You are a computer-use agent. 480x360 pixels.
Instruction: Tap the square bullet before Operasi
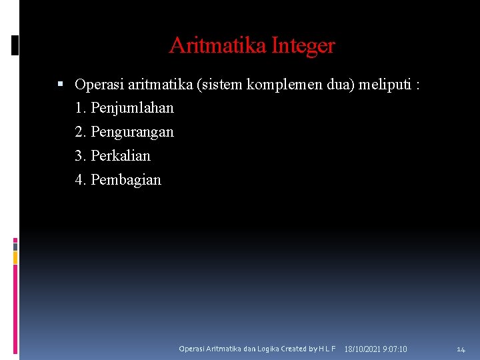point(60,84)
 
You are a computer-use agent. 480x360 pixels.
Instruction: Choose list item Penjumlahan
point(132,108)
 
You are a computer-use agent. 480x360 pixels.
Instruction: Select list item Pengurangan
point(132,132)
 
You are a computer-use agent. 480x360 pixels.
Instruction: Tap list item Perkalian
point(121,156)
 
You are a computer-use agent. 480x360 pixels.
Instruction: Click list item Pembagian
point(126,180)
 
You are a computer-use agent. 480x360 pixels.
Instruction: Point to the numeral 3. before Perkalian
point(81,156)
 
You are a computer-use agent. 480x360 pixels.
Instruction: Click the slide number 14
point(461,349)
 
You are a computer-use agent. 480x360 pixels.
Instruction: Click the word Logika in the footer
point(267,349)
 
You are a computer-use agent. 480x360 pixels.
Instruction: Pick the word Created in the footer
point(294,349)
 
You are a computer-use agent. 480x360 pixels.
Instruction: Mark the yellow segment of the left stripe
point(15,257)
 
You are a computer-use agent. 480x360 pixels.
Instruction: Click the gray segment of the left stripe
point(15,246)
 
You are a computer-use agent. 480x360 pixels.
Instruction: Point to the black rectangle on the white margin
point(15,45)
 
